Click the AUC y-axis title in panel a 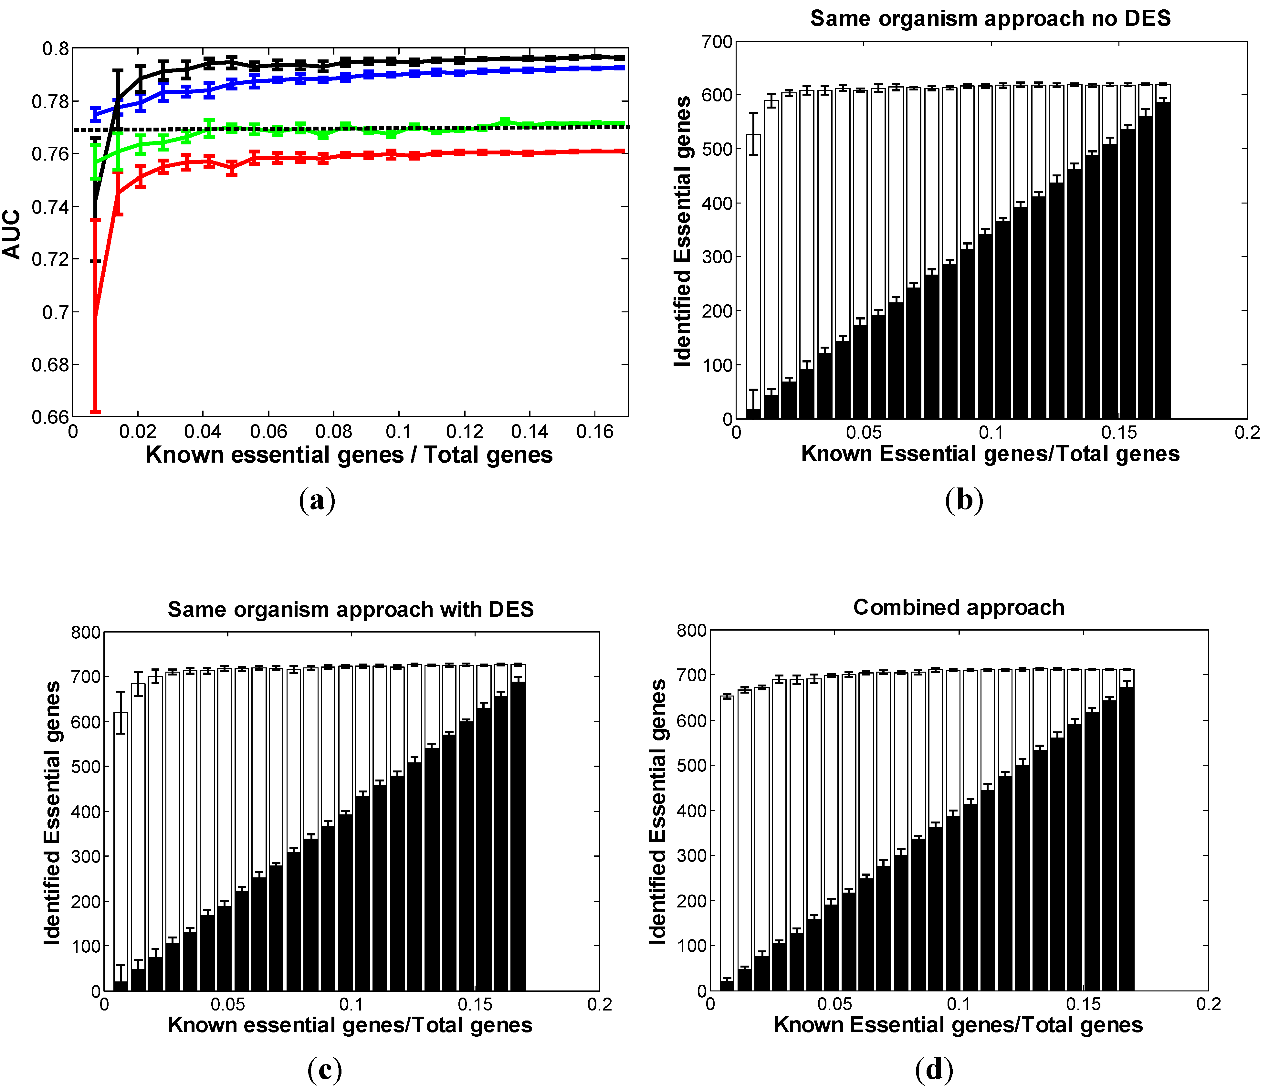12,235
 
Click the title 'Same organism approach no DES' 990,18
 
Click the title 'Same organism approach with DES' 350,609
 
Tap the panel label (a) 317,500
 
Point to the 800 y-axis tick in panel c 86,632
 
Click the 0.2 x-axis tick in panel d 1208,1004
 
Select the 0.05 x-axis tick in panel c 228,1004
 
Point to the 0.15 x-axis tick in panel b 1118,433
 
